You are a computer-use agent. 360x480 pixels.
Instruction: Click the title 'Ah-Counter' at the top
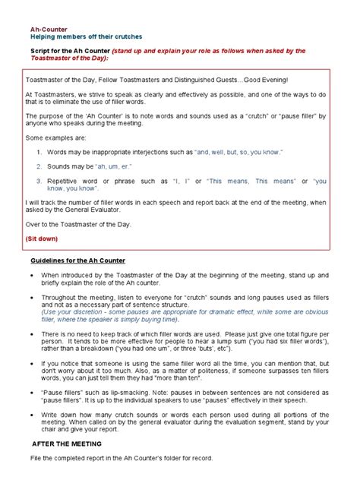[39, 27]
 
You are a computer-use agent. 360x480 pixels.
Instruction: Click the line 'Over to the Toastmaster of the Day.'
[78, 226]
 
